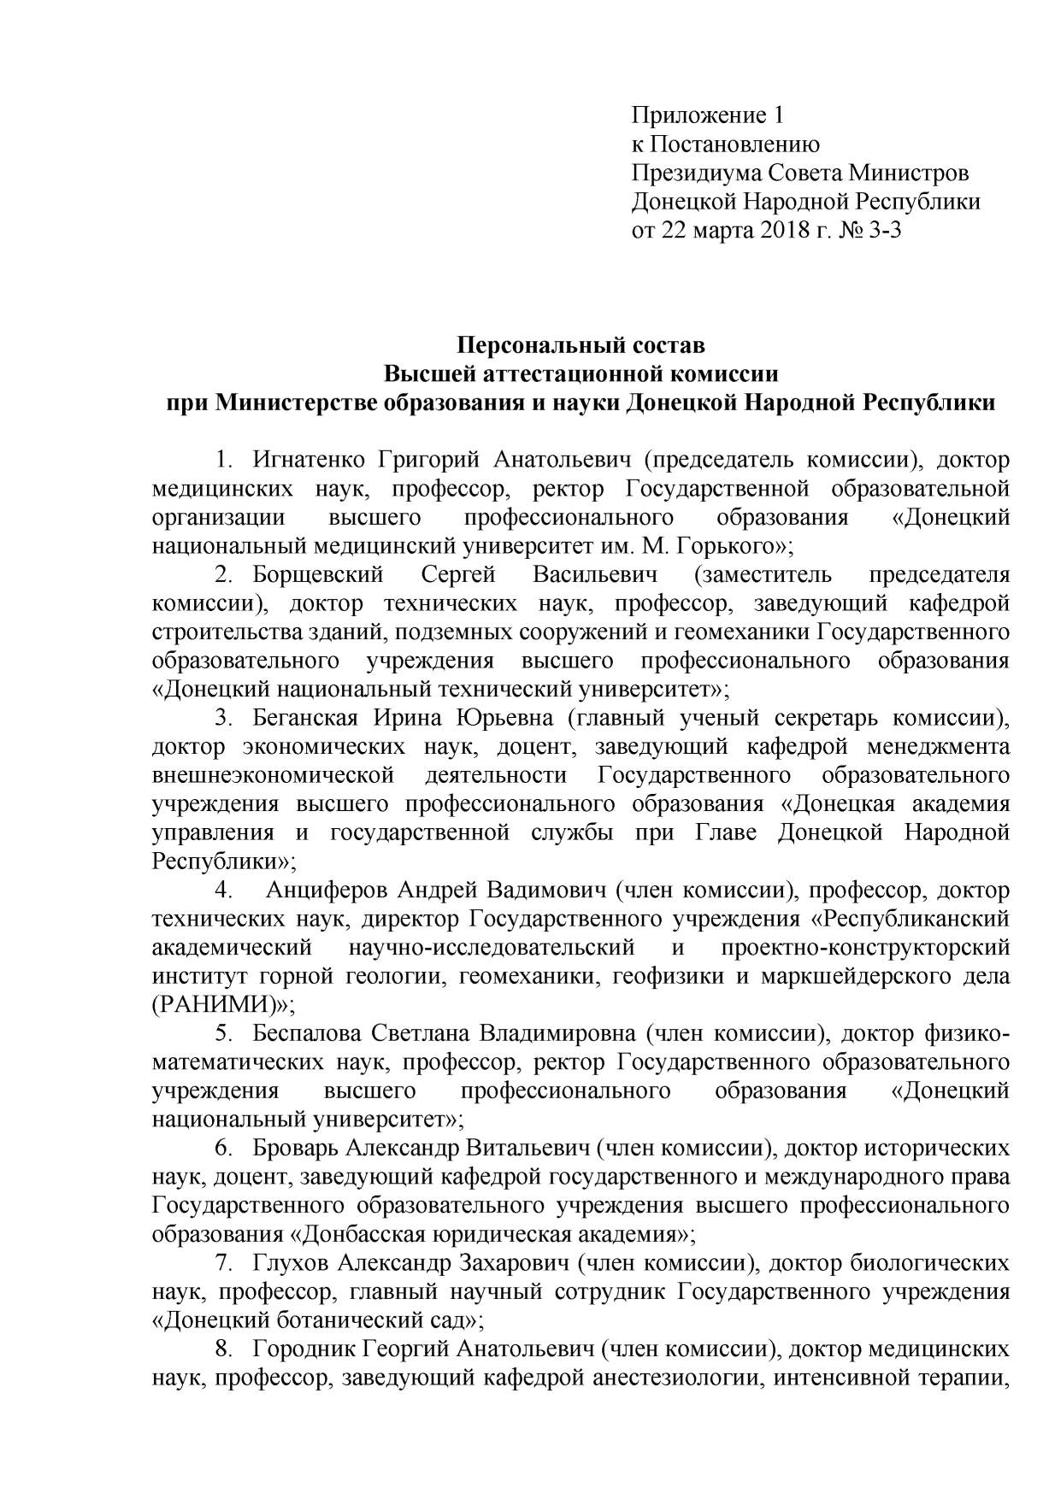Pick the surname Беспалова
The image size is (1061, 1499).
pyautogui.click(x=305, y=1033)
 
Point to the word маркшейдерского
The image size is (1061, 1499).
pyautogui.click(x=855, y=976)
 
